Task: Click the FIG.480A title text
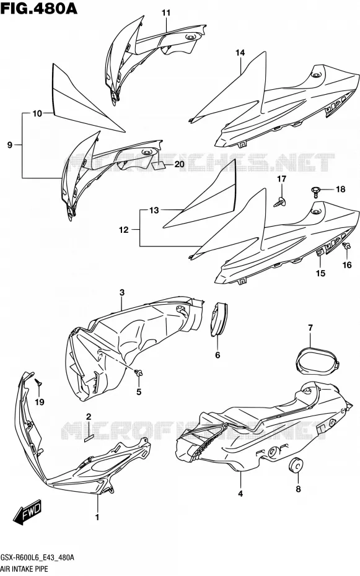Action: coord(39,8)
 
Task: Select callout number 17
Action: coord(281,179)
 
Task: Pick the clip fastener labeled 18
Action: coord(315,191)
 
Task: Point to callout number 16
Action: coord(347,265)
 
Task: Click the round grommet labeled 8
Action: coord(296,465)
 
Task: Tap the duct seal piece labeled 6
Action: coord(219,318)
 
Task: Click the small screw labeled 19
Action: coord(38,382)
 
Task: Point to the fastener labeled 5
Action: coord(139,373)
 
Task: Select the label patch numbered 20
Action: coord(159,165)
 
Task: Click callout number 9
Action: coord(9,145)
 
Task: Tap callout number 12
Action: coord(124,230)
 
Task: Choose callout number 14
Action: coord(240,53)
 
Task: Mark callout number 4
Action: coord(240,494)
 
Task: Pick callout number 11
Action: coord(166,13)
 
